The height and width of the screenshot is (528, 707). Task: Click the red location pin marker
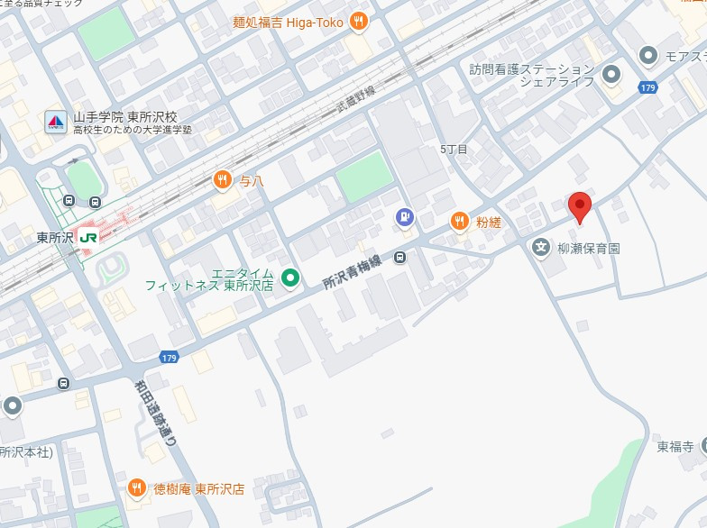(580, 206)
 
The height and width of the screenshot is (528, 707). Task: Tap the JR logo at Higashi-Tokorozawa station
(88, 237)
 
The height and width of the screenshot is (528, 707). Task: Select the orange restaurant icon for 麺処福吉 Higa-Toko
(359, 22)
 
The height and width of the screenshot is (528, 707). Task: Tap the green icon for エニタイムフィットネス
(289, 278)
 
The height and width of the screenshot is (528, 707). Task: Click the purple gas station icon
(406, 216)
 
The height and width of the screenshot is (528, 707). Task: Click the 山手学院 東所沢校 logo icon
(56, 122)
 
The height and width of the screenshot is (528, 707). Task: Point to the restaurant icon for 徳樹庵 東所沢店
(137, 489)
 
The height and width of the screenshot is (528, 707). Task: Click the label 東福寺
(675, 446)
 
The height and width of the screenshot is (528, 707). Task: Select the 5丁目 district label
(454, 149)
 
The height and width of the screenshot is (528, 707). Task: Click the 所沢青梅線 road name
(353, 271)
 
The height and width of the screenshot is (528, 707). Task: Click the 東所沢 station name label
(54, 238)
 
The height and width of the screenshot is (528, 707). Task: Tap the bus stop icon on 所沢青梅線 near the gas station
(399, 258)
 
